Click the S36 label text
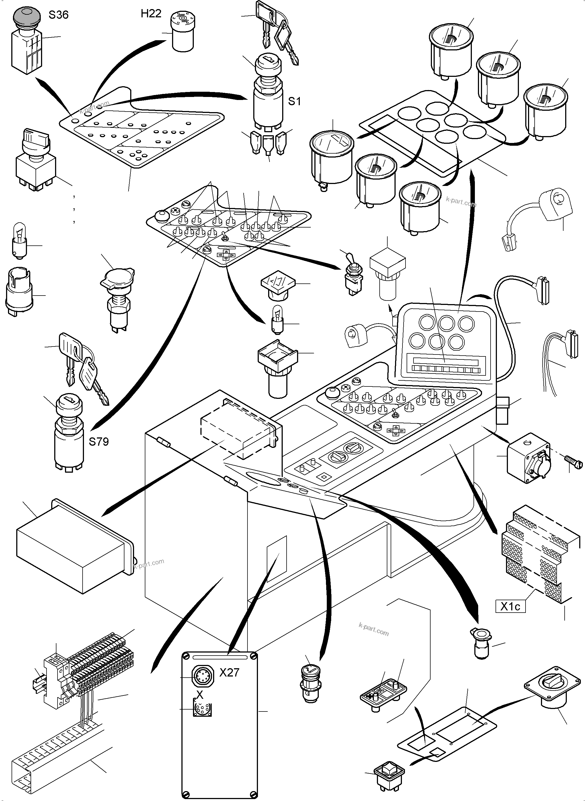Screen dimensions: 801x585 pyautogui.click(x=58, y=15)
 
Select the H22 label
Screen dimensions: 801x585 pyautogui.click(x=151, y=13)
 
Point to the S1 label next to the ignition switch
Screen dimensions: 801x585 pyautogui.click(x=294, y=101)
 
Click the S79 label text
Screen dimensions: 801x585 pyautogui.click(x=99, y=442)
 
